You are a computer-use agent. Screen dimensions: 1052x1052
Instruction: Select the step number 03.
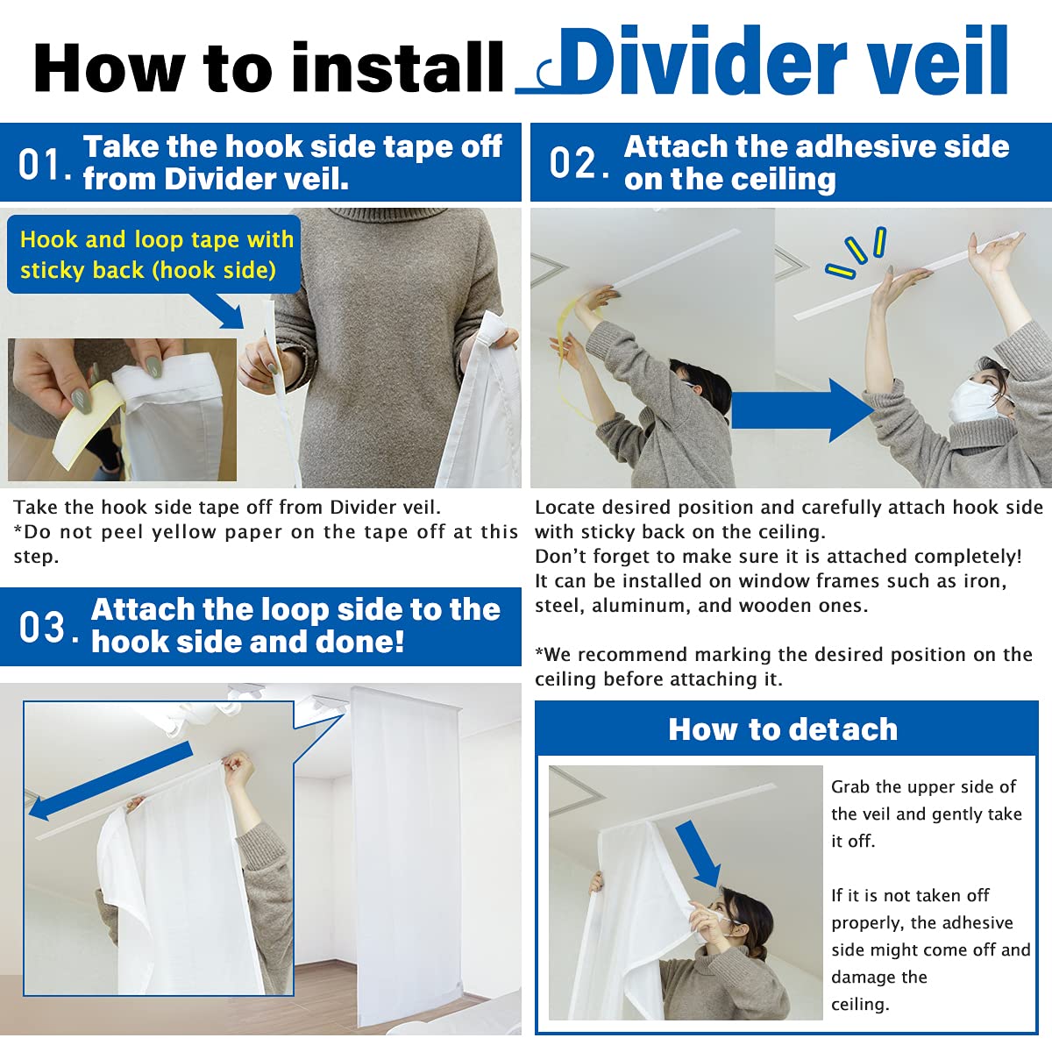pos(44,627)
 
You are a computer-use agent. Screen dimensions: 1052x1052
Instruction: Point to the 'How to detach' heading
pos(783,729)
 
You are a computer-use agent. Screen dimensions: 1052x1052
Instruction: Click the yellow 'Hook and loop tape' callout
pos(155,254)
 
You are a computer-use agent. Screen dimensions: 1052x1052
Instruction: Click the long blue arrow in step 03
pos(110,780)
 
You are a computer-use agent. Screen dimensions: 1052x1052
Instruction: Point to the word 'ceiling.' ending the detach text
pos(860,1004)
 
